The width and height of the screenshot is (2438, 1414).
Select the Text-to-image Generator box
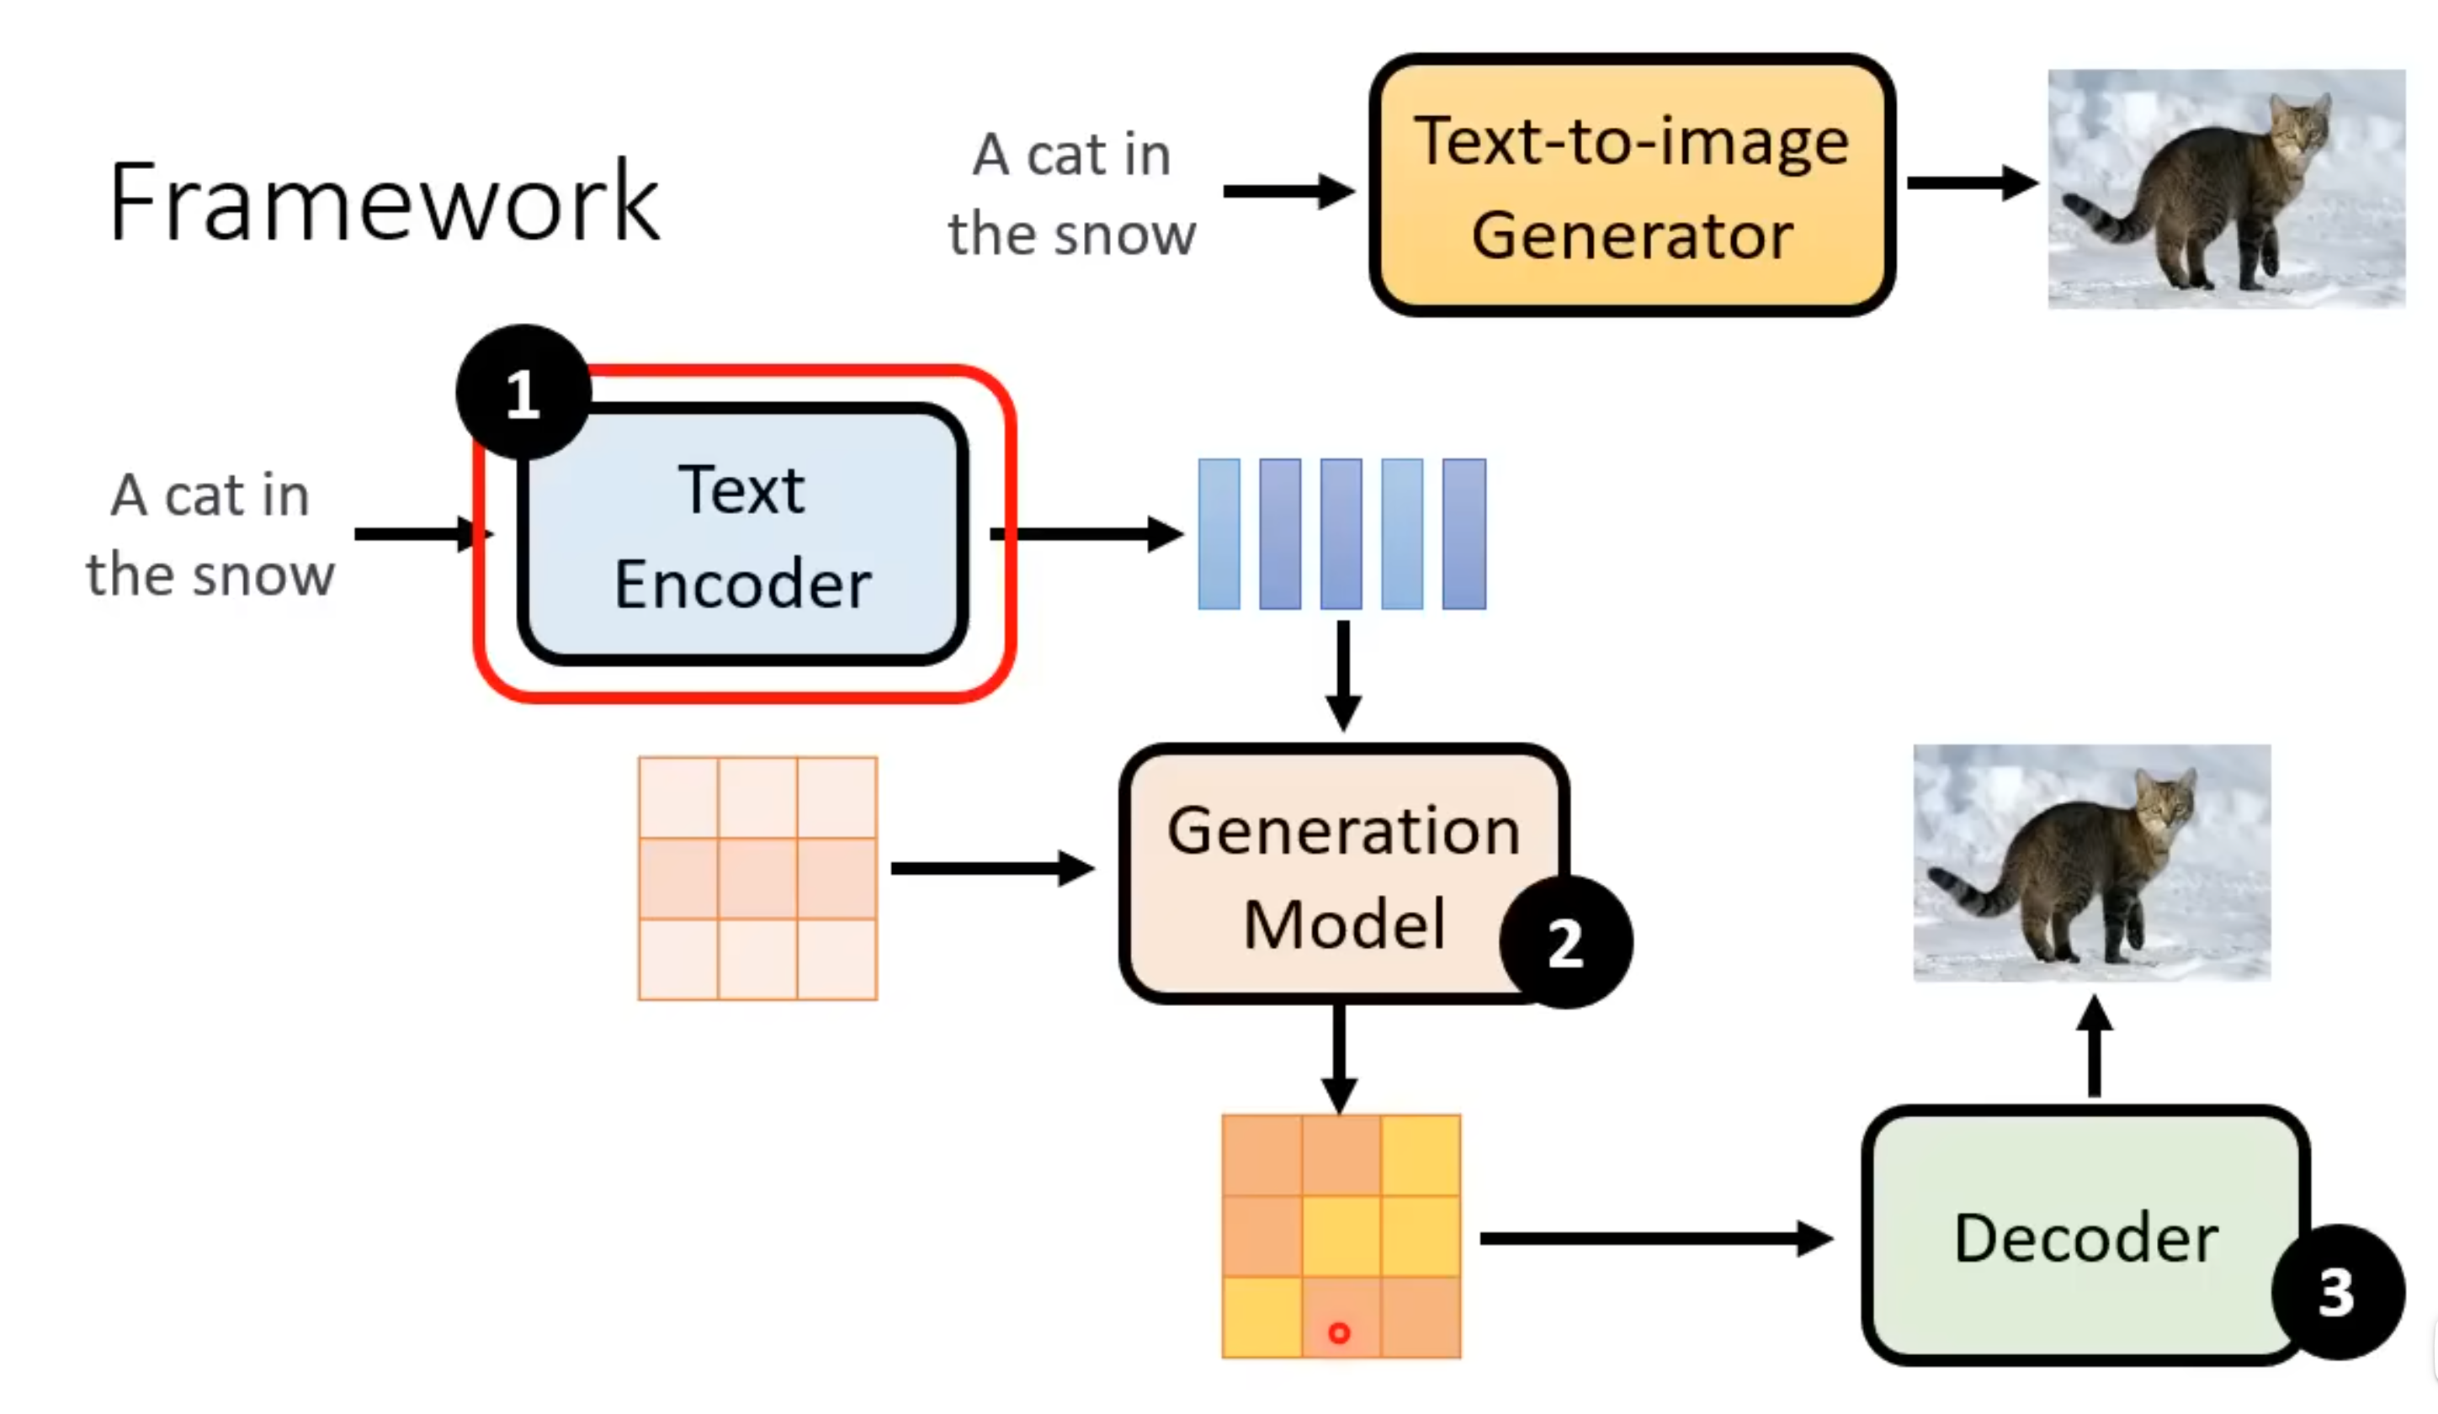[1631, 186]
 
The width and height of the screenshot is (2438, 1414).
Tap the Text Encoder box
[742, 535]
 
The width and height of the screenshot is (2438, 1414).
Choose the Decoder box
[2085, 1236]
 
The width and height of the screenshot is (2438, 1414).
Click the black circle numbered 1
[523, 392]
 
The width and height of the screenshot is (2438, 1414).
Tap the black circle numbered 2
[1564, 942]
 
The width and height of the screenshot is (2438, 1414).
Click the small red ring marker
[1339, 1332]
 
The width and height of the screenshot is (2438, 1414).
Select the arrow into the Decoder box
[1655, 1238]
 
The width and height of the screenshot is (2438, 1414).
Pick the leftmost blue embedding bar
[1219, 534]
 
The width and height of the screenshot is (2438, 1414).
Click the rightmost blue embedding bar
[1463, 534]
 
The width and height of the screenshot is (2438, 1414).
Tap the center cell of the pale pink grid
[757, 877]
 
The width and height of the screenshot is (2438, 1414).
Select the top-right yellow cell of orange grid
[1421, 1155]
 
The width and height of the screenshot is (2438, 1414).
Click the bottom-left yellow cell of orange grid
[1261, 1317]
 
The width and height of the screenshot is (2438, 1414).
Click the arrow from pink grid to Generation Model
[991, 869]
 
